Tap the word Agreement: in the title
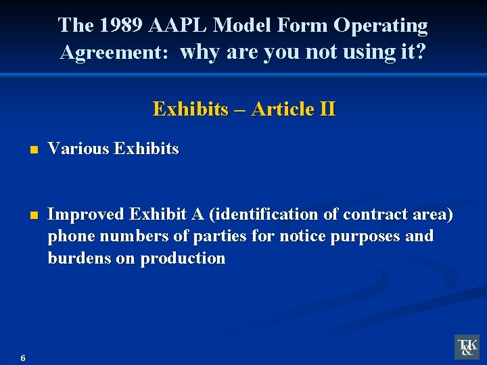(114, 52)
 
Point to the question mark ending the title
(421, 51)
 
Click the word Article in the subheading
(282, 109)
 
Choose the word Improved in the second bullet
(86, 215)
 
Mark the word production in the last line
(183, 258)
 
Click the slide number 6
(23, 358)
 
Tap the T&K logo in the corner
(467, 347)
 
